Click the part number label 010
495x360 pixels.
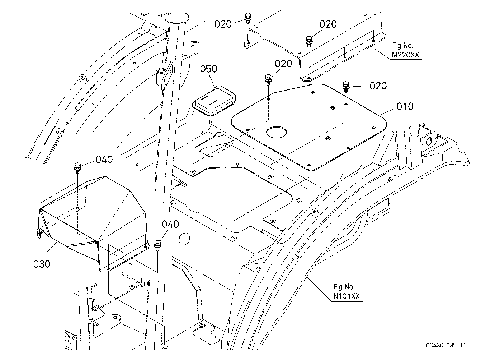pos(405,106)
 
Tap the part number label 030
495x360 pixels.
pos(42,264)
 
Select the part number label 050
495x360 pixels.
pos(209,69)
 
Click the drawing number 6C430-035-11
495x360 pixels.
pos(446,345)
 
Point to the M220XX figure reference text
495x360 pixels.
pos(405,55)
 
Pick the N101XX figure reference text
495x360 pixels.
pos(346,296)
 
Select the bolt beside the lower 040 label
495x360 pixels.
pos(157,245)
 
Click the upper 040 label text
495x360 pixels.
pos(104,160)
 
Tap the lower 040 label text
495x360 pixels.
pos(170,224)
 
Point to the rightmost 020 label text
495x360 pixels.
pos(378,86)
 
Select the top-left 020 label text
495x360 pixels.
pos(223,24)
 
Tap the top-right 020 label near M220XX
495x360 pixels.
pos(328,24)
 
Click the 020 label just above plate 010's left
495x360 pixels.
pos(283,64)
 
